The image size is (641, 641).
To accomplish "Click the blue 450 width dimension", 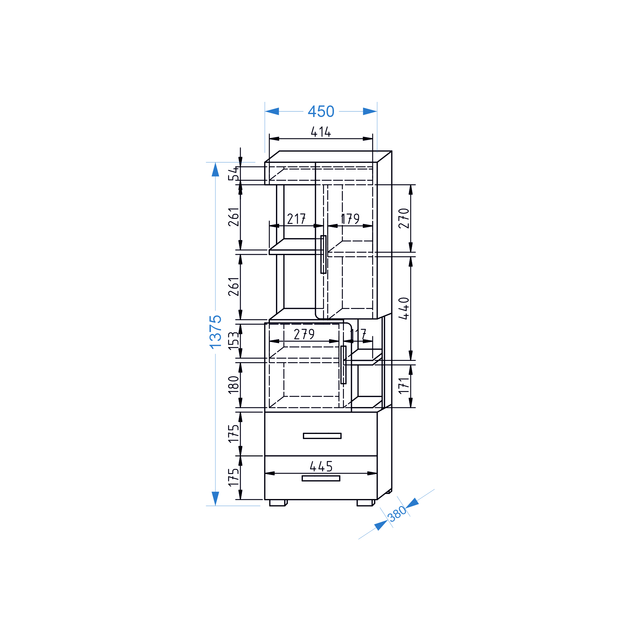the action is click(321, 112).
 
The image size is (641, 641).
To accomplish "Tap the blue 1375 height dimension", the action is click(215, 332).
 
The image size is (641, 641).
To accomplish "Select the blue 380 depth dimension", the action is click(397, 514).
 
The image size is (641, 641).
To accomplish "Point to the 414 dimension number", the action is click(321, 132).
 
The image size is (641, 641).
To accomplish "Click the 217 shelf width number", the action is click(296, 219).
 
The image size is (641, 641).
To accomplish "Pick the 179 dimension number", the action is click(350, 219).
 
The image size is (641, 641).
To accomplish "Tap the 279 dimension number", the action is click(304, 334).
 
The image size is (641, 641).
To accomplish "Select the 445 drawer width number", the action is click(321, 466).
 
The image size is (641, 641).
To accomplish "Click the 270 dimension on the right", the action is click(404, 218).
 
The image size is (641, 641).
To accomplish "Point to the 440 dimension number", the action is click(404, 308).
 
